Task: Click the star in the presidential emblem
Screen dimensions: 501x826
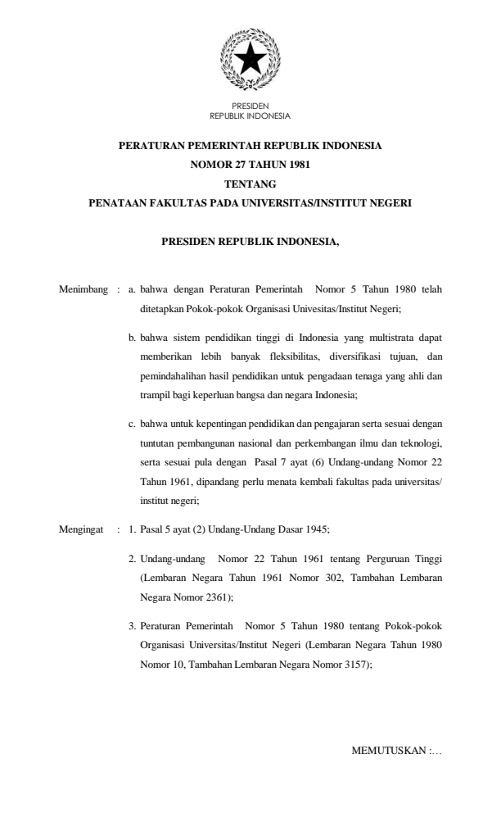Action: [250, 60]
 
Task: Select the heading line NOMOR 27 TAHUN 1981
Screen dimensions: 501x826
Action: [250, 164]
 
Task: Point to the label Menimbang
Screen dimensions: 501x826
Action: [83, 289]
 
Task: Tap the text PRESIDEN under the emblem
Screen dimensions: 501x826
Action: [250, 106]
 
